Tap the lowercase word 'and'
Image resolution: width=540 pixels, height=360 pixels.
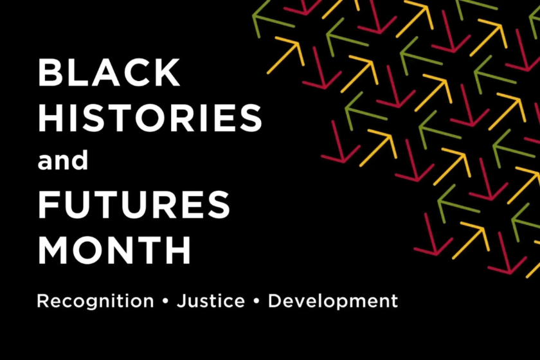pos(63,161)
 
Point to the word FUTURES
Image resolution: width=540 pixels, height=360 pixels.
pos(134,204)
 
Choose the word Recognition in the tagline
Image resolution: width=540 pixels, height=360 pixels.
pos(95,301)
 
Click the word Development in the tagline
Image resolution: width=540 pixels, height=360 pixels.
pos(333,301)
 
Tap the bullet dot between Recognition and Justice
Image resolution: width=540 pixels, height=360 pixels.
pos(165,300)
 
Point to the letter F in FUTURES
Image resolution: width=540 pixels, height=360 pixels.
pos(48,204)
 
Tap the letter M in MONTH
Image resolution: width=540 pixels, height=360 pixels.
pos(53,249)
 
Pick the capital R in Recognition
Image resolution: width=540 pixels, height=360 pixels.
pos(42,300)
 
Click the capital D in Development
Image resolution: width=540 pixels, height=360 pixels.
pos(274,300)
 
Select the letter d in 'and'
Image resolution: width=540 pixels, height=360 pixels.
pos(80,160)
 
